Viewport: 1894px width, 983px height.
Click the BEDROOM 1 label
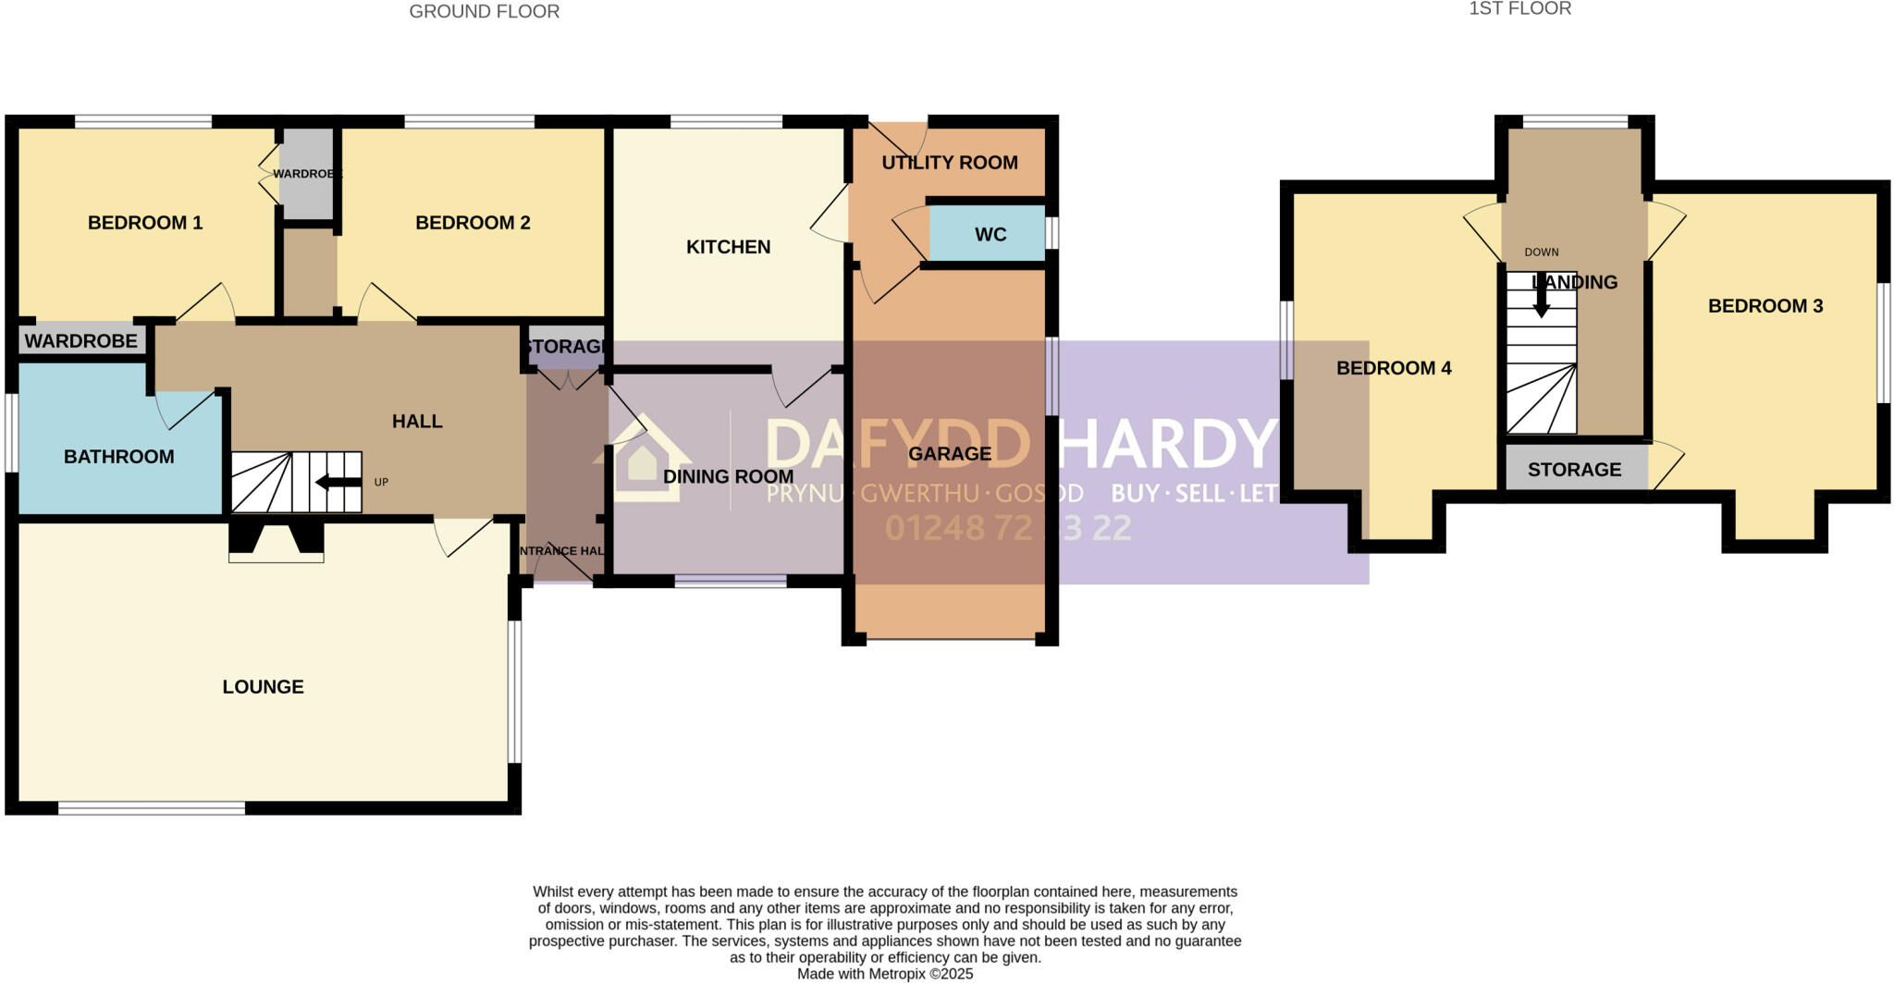point(145,223)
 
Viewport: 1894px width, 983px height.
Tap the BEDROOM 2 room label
point(473,223)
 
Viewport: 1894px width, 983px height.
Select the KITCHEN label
point(728,247)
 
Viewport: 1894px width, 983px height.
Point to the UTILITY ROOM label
point(950,163)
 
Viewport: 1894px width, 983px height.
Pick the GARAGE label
point(950,454)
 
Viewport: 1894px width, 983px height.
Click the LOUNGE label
point(263,687)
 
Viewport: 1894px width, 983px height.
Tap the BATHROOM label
point(118,457)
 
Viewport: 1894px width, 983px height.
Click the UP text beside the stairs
point(381,483)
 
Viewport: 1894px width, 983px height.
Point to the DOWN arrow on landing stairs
point(1542,296)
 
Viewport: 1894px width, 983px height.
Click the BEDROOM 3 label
point(1765,306)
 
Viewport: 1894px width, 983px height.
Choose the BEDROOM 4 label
point(1394,368)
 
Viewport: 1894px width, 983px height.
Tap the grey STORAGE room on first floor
point(1574,470)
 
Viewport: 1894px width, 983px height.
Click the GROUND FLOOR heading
point(484,12)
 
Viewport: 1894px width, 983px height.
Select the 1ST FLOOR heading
point(1519,9)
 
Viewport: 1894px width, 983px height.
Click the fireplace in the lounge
point(276,542)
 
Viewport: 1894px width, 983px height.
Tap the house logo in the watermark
point(643,459)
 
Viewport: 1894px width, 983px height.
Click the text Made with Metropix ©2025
point(885,974)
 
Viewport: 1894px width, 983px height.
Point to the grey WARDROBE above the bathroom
point(81,341)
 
